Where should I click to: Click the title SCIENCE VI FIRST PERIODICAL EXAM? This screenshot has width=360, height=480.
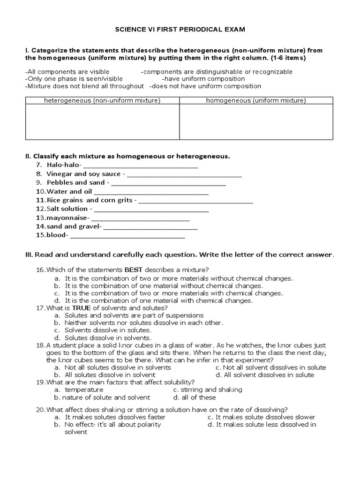pos(180,29)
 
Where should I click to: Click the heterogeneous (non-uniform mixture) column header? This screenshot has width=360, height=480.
pos(102,100)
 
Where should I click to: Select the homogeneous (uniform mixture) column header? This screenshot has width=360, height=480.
pos(256,100)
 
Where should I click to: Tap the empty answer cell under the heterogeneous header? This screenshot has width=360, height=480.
pos(102,121)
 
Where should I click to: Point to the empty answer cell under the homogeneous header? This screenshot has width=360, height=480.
pos(256,121)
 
